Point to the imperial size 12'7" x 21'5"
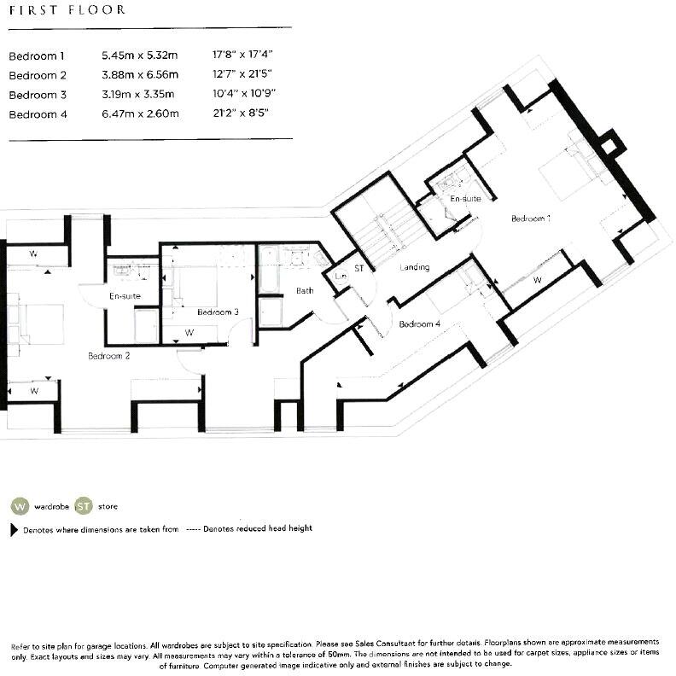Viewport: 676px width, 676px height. [243, 75]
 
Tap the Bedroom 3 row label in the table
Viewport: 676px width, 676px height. [37, 95]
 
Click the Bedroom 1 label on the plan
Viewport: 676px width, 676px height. [530, 219]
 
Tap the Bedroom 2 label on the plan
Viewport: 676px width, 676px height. [108, 355]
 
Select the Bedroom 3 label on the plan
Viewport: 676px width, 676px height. [218, 312]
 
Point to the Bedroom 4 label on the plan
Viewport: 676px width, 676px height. [419, 324]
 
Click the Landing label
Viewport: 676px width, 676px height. [414, 267]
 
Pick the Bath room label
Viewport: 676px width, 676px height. [305, 291]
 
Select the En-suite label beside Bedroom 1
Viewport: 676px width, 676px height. [465, 199]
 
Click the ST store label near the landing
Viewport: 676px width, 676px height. [359, 268]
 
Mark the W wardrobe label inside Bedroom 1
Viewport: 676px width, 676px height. [537, 279]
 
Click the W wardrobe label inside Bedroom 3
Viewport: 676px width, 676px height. [189, 333]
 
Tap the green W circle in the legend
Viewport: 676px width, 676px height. [19, 506]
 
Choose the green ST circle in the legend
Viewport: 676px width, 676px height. [84, 506]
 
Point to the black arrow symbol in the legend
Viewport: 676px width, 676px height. [14, 529]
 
